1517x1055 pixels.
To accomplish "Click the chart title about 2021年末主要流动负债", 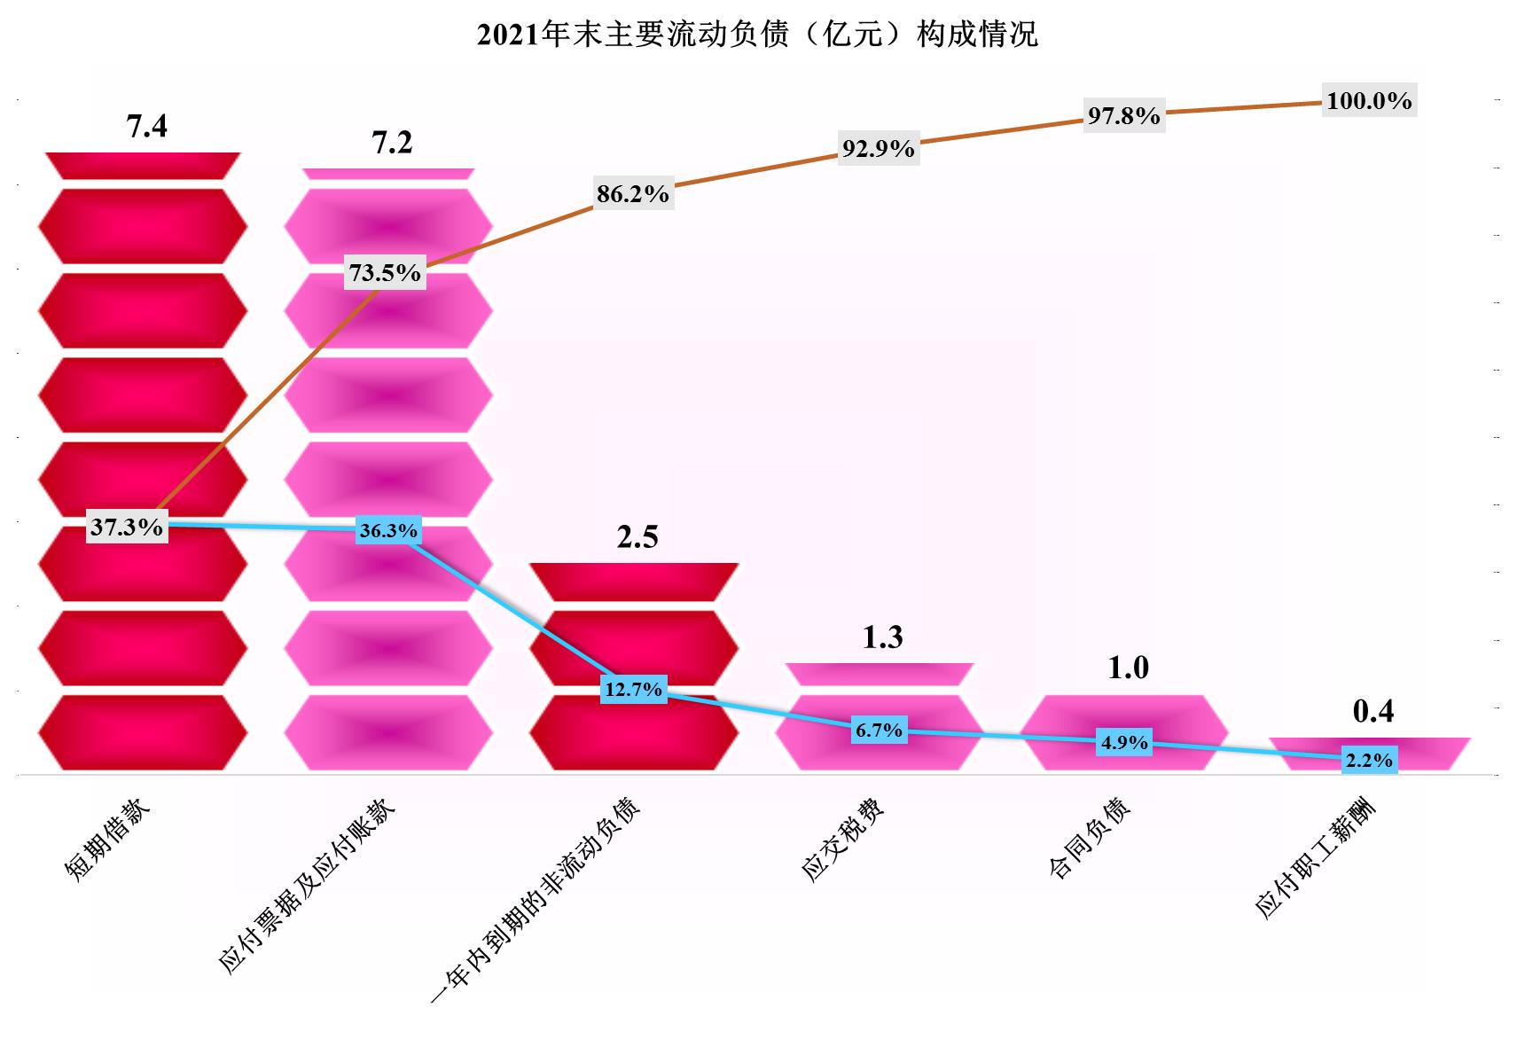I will click(757, 35).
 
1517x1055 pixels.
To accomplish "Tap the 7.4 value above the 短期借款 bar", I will click(146, 127).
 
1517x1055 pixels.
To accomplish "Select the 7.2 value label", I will click(392, 143).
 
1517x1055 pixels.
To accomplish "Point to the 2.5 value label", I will click(637, 537).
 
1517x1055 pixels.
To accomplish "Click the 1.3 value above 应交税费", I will click(882, 637).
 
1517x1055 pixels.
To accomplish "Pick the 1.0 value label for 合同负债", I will click(1128, 668).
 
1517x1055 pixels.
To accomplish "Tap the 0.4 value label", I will click(1372, 711).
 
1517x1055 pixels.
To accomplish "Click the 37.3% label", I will click(127, 527).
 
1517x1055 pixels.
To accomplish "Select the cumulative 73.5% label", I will click(385, 273).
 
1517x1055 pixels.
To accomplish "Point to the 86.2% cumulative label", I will click(632, 194).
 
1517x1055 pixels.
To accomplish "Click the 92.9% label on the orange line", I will click(878, 149).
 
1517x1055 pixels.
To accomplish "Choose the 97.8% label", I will click(1123, 116).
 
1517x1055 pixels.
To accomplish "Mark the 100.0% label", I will click(1369, 101).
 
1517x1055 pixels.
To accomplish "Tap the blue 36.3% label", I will click(387, 531).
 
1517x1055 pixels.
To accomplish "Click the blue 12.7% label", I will click(633, 689).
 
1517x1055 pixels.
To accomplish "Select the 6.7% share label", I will click(879, 731).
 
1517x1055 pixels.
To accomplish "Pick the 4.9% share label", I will click(1124, 743).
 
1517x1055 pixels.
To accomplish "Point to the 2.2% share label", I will click(1369, 761).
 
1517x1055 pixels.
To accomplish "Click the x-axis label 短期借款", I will click(108, 838).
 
